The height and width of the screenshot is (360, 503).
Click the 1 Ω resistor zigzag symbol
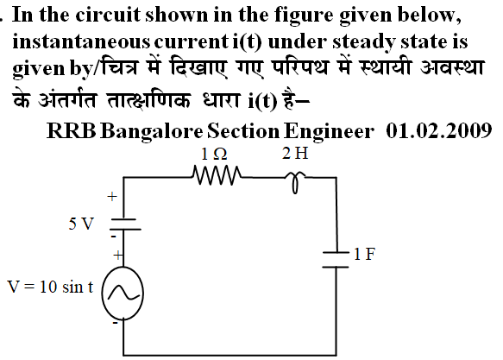[x=217, y=175]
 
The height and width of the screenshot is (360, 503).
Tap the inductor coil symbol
[x=295, y=182]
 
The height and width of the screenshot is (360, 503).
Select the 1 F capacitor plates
[x=336, y=260]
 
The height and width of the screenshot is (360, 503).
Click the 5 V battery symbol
[x=125, y=224]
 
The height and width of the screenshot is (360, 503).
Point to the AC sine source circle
[x=123, y=294]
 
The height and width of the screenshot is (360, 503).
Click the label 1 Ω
[x=214, y=154]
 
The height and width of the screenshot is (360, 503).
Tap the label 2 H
[x=295, y=153]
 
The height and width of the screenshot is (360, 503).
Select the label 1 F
[x=364, y=254]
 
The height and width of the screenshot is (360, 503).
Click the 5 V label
[x=81, y=224]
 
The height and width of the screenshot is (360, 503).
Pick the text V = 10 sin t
[x=50, y=287]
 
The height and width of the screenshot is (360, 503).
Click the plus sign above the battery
[x=112, y=196]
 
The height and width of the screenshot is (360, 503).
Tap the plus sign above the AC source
[x=118, y=256]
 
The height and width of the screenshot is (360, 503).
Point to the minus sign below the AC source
[x=115, y=323]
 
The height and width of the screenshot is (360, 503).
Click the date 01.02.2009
[x=438, y=131]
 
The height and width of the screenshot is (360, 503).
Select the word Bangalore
[x=151, y=131]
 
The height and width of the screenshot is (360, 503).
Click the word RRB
[x=72, y=131]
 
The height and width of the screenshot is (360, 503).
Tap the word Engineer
[x=329, y=131]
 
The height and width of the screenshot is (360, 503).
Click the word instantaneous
[x=81, y=42]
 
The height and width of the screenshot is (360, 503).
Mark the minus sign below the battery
[x=113, y=237]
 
